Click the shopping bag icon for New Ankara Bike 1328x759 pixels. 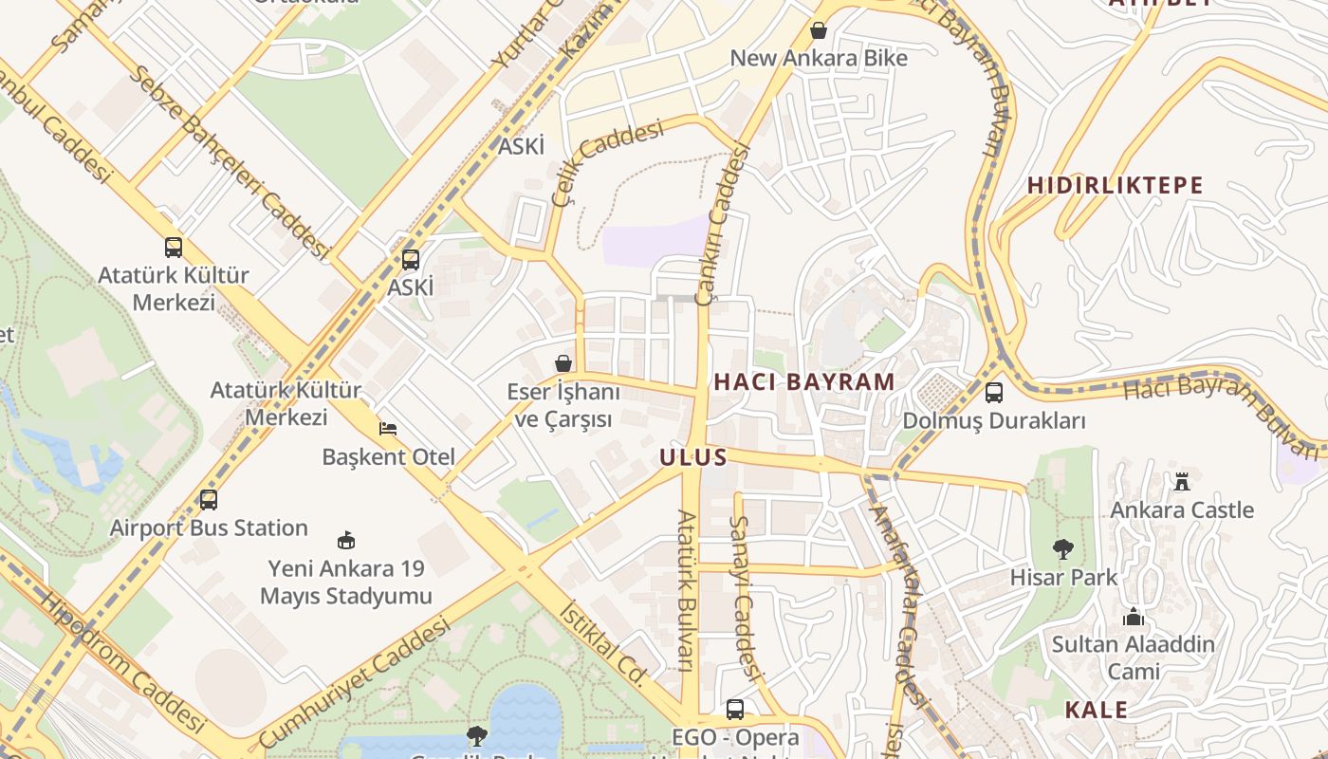click(818, 31)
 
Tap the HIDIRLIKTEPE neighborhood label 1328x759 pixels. click(1115, 185)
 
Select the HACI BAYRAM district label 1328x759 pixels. click(803, 381)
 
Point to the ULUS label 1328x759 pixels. click(693, 457)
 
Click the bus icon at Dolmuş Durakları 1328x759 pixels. click(993, 392)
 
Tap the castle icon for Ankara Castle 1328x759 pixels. click(1181, 482)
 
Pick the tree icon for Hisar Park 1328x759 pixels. click(1062, 548)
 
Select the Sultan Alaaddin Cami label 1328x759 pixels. click(1133, 657)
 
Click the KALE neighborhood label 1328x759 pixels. click(1096, 710)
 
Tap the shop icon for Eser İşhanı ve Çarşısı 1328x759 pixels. click(563, 363)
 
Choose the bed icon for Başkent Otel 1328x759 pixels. click(387, 428)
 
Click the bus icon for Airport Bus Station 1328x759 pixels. click(208, 499)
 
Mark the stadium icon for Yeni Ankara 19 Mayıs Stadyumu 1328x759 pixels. click(346, 540)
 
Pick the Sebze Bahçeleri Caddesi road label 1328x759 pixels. click(231, 161)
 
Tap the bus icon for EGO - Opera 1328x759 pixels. click(734, 709)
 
